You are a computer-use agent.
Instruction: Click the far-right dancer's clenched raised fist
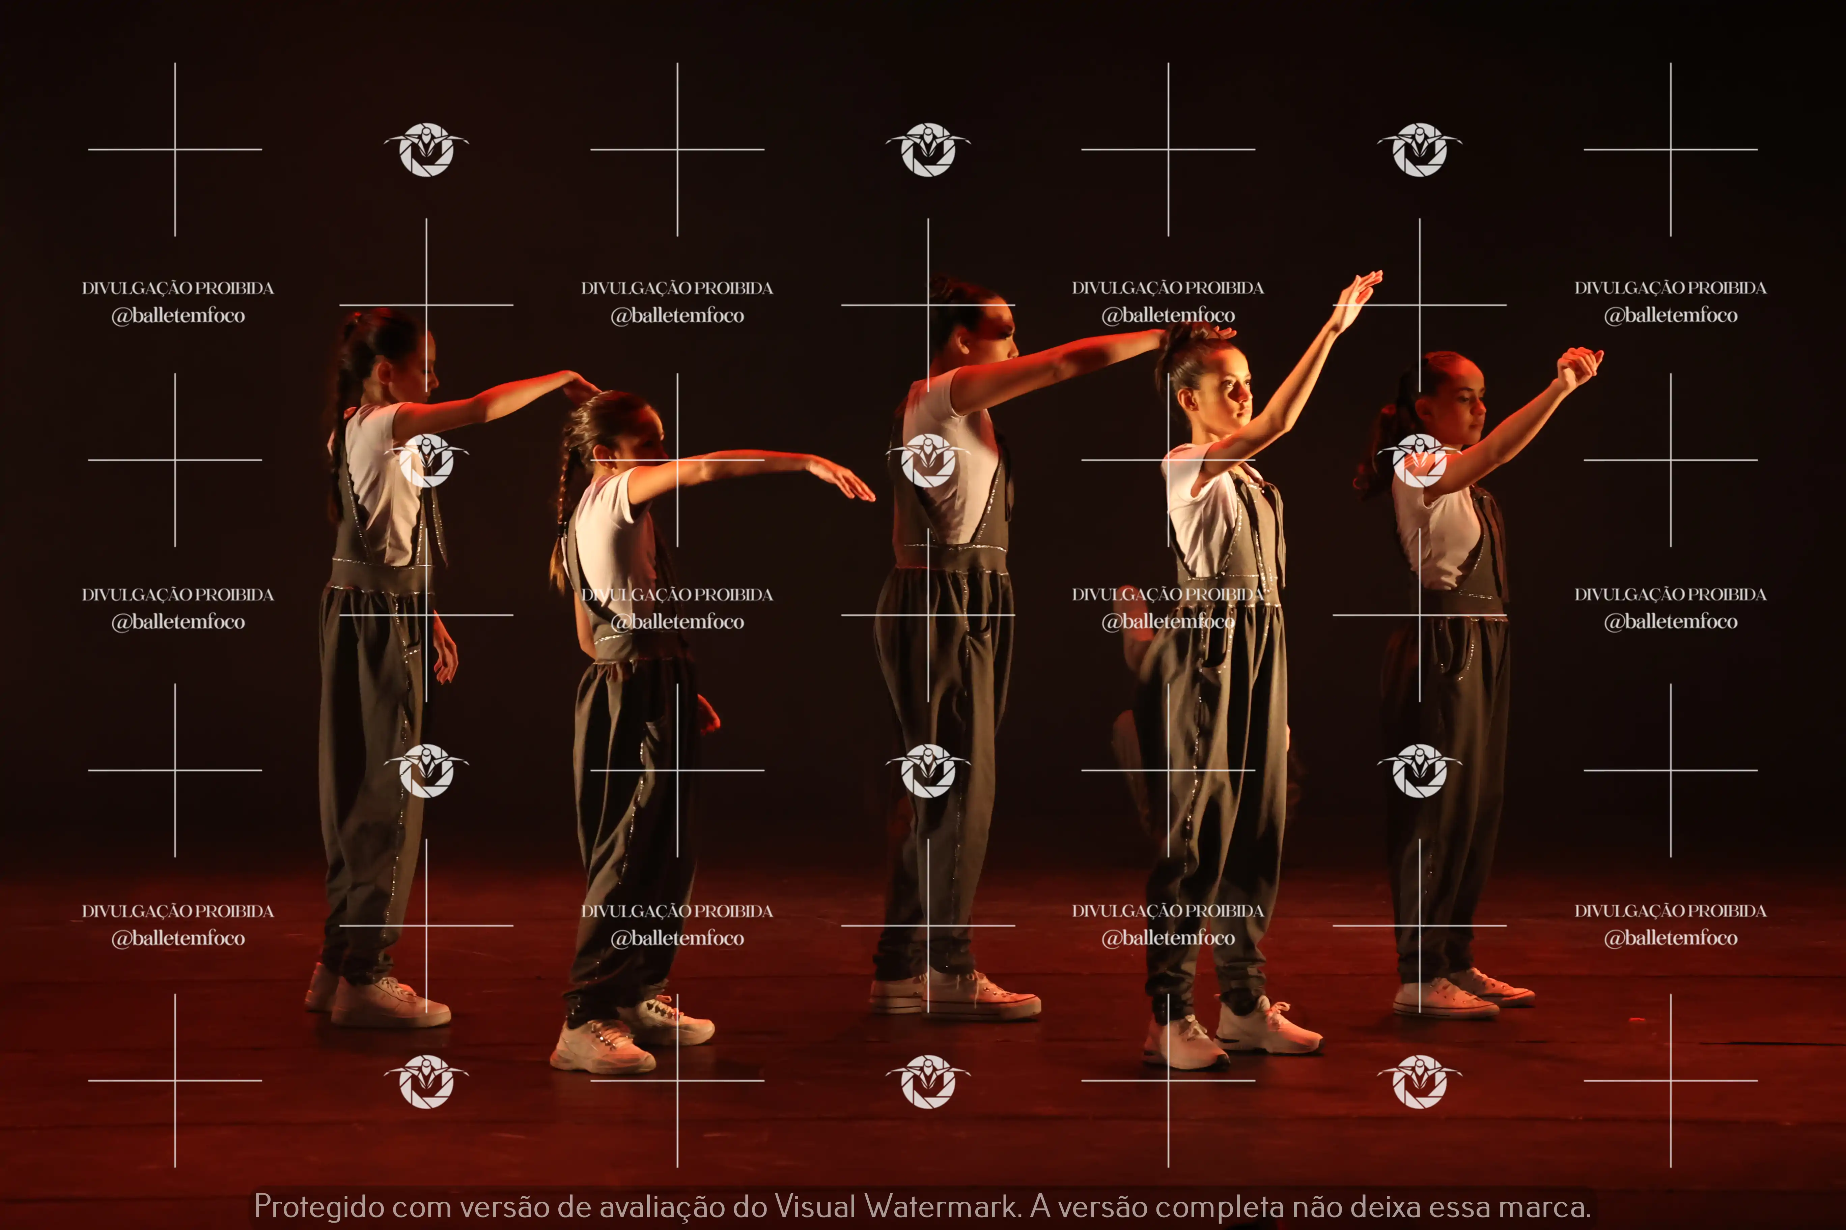click(1579, 367)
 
